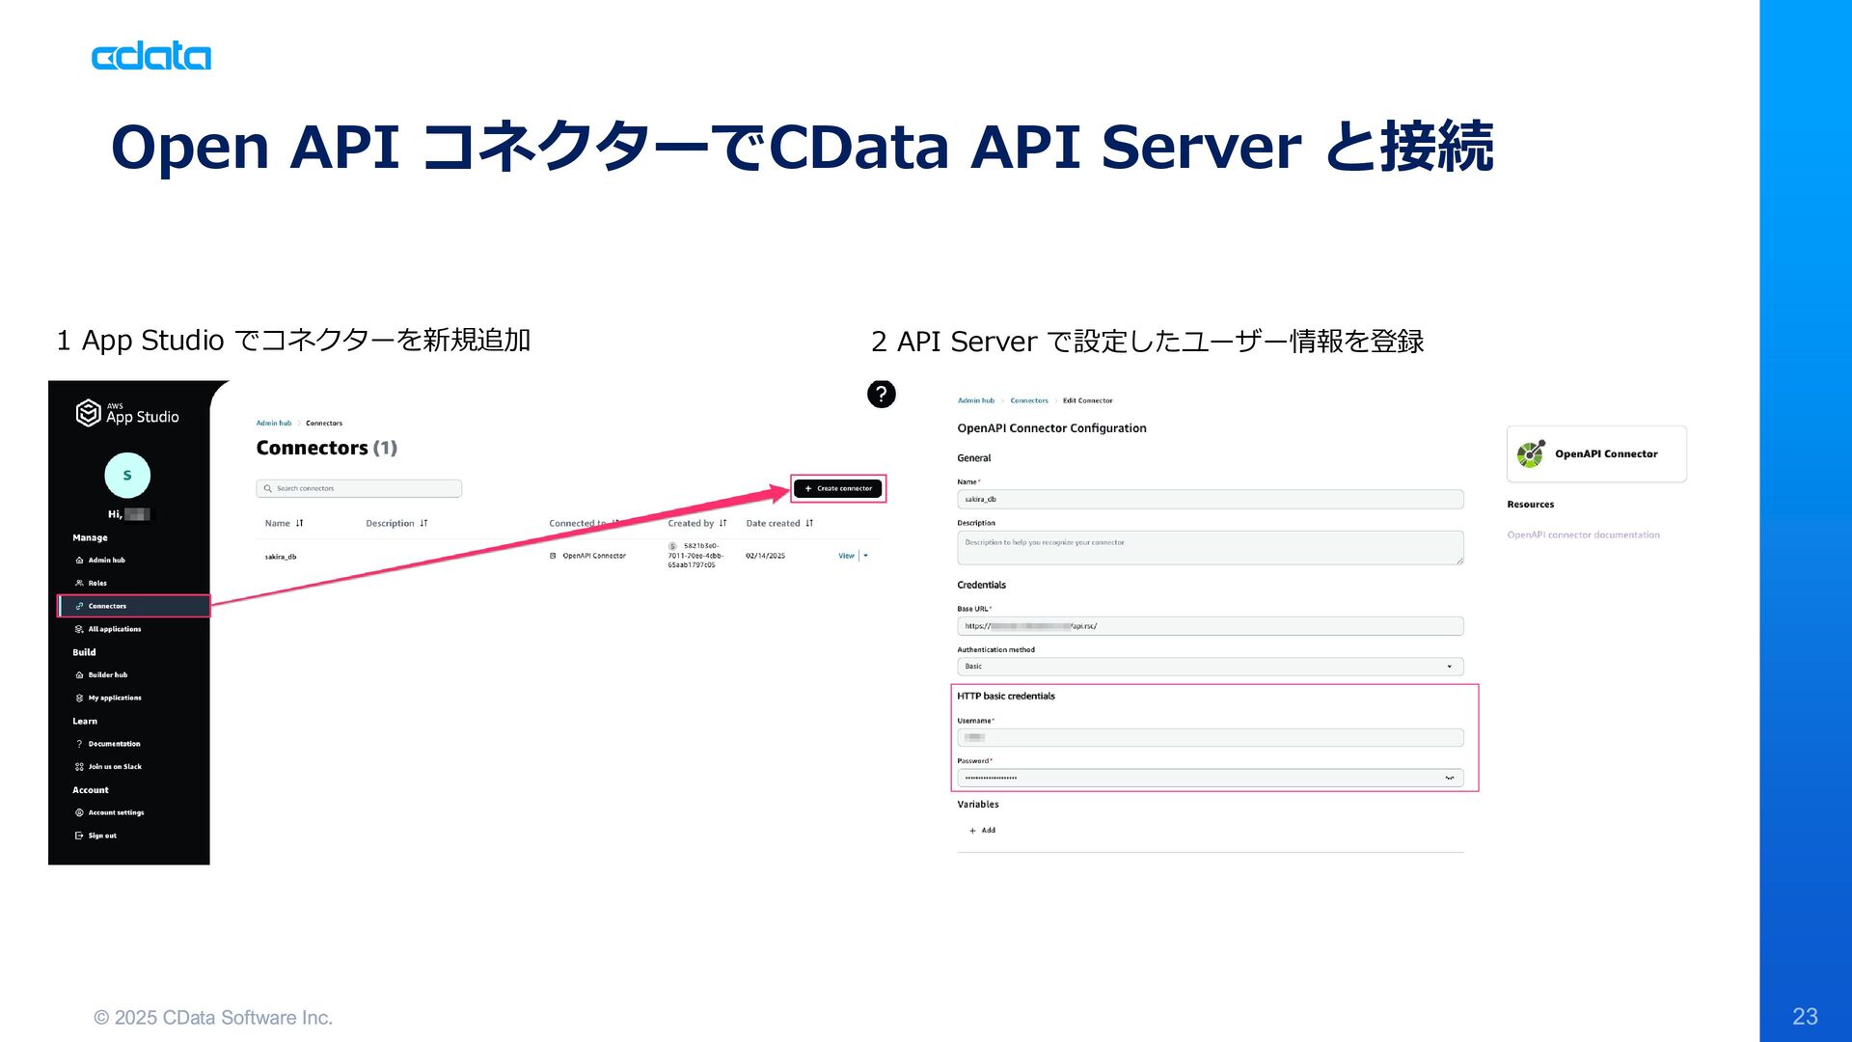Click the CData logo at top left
151,57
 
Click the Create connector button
838,488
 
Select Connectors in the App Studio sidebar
107,606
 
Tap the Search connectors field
359,488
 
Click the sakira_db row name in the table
281,557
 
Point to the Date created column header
773,523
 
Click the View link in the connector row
846,556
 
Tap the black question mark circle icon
881,394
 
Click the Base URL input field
1210,626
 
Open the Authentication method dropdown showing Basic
1210,667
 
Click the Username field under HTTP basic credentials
1210,737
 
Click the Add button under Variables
983,830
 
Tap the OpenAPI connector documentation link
1583,535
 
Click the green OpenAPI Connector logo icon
1530,453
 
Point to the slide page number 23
1805,1016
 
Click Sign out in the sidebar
102,836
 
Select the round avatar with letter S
127,475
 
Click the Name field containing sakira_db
1210,499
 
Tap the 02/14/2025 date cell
765,556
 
